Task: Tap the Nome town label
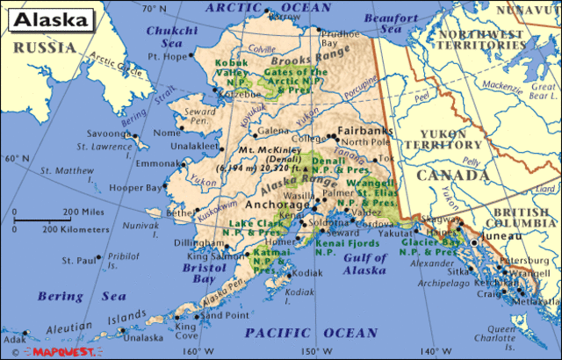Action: [164, 133]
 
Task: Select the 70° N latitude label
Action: [154, 8]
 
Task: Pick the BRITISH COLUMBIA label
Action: [522, 219]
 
